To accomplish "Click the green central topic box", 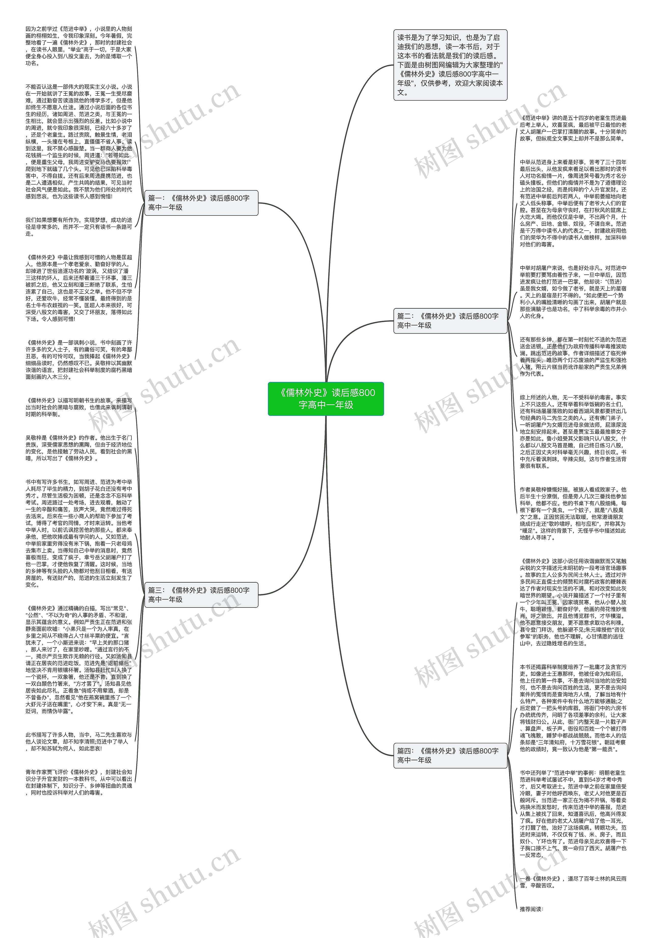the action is click(325, 398).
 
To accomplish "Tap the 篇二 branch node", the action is click(450, 321).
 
